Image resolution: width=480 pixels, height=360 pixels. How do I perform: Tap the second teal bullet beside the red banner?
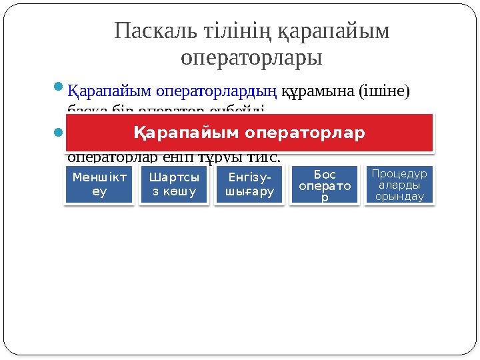[58, 132]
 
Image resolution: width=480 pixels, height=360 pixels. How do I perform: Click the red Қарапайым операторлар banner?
[250, 133]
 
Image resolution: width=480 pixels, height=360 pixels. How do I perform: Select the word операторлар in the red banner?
[305, 133]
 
